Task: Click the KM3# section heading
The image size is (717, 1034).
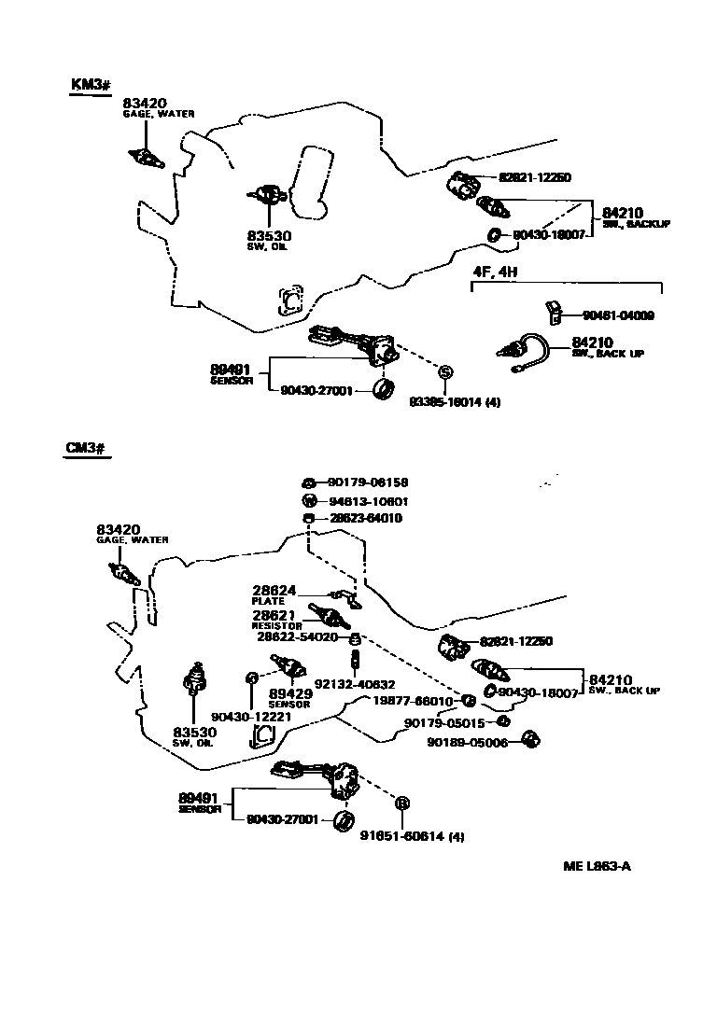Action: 91,85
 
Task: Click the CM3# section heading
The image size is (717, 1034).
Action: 88,448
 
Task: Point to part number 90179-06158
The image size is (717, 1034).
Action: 367,482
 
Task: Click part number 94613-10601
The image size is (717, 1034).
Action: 367,501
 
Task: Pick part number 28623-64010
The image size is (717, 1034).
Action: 365,518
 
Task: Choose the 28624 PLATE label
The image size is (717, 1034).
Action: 274,594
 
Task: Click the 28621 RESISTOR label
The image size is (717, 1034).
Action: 275,620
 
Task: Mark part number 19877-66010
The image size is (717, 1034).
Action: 413,701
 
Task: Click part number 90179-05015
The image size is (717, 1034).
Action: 443,722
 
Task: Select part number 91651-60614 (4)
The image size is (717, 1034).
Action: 412,836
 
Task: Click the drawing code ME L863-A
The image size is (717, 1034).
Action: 597,866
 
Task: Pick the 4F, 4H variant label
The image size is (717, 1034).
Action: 494,272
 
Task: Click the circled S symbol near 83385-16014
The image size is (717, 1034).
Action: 445,372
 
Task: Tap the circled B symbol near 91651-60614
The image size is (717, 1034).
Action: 403,803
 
